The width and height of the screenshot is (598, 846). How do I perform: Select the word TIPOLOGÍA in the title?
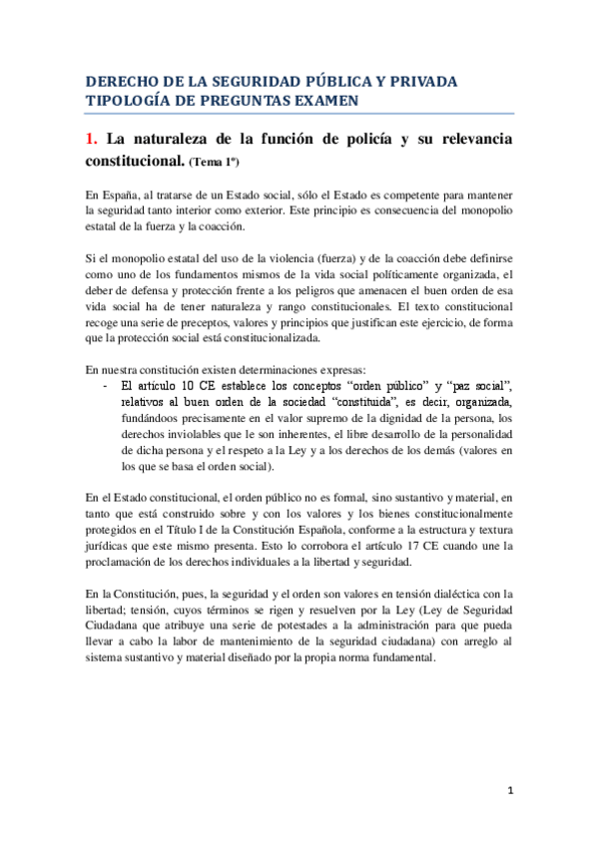[127, 100]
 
